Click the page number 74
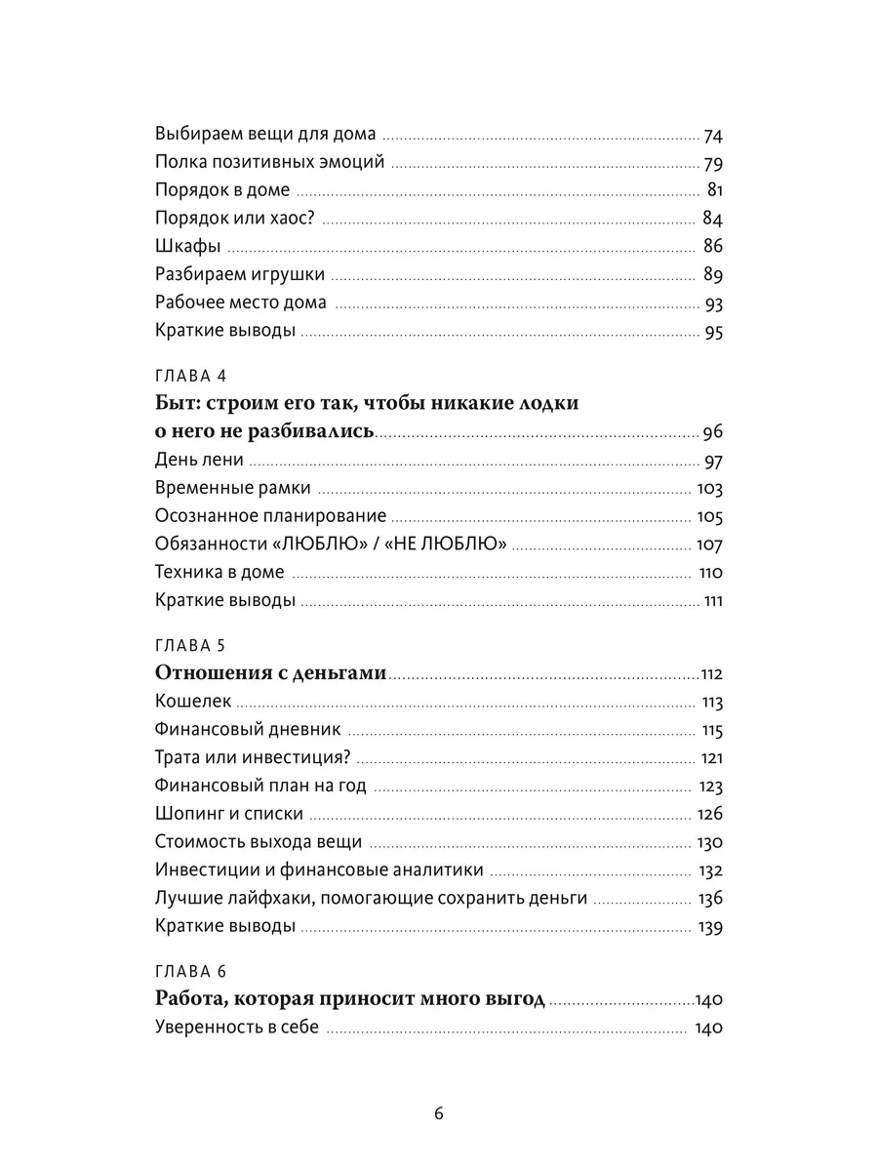pos(712,136)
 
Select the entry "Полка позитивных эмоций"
pos(269,162)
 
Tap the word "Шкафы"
pos(187,246)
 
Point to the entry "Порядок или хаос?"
pos(236,218)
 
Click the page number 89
pos(712,274)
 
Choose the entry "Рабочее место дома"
pos(241,302)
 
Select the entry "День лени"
pos(199,460)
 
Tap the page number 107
pos(708,544)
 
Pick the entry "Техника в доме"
pos(219,572)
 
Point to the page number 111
pos(712,600)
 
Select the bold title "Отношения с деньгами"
pos(271,673)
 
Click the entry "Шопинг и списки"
pos(229,813)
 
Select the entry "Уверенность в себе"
pos(237,1028)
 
